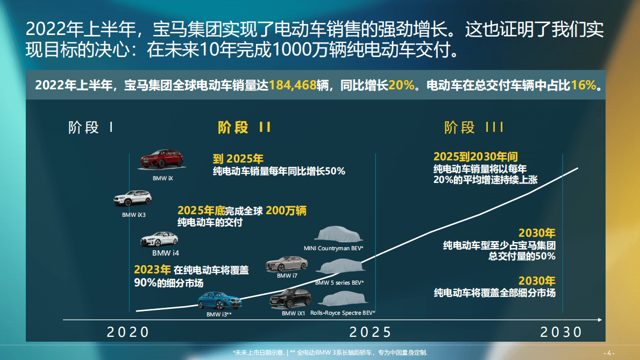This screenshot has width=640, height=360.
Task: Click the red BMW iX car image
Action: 162,159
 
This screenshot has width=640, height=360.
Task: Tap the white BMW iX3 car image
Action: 133,199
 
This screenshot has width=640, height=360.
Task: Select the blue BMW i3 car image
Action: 219,300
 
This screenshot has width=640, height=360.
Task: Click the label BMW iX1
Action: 294,313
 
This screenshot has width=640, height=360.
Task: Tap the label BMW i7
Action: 287,276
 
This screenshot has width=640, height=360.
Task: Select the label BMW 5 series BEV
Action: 339,283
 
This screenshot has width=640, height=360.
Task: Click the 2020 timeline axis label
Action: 128,332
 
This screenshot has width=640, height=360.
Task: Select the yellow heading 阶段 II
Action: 245,128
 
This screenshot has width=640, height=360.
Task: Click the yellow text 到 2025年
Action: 238,159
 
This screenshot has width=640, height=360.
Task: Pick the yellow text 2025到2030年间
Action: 475,157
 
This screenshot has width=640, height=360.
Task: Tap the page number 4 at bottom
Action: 609,353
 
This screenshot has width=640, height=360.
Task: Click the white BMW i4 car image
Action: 159,239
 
